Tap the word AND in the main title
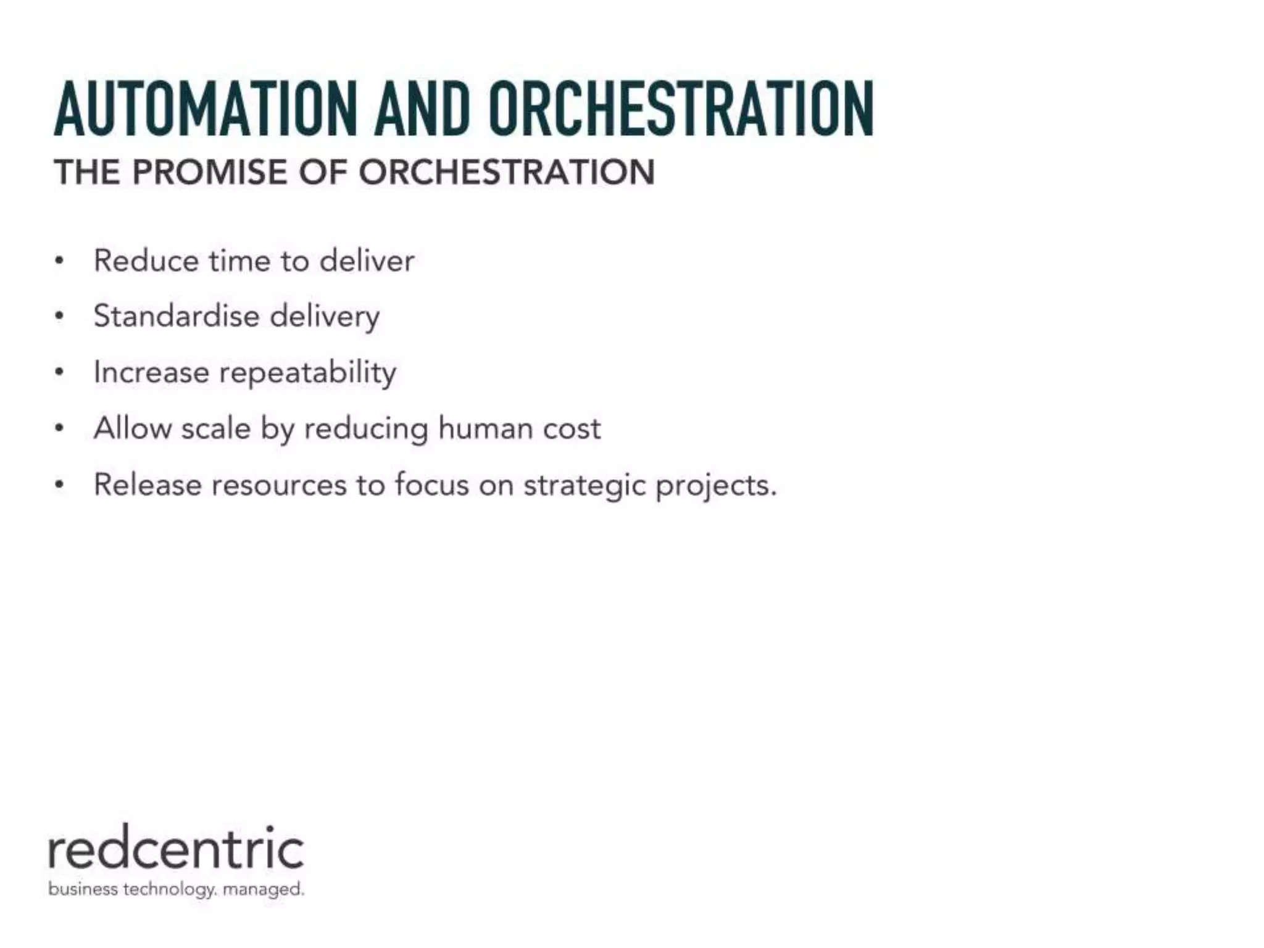422,109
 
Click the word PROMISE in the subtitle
210,172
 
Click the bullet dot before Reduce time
59,261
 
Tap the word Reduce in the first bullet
146,260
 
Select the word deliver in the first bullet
367,260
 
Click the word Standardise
176,316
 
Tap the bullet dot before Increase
59,373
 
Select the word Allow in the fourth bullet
132,428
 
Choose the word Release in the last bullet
148,484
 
